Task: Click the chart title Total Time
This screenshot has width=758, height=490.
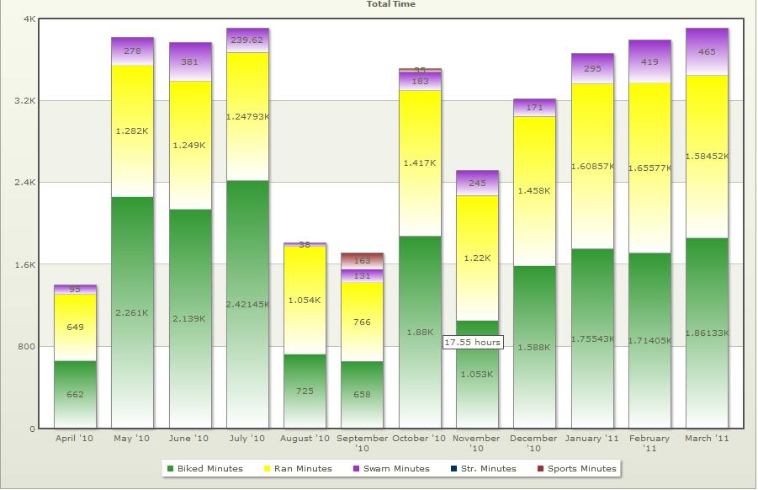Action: tap(390, 4)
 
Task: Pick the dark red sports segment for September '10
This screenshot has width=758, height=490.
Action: tap(363, 261)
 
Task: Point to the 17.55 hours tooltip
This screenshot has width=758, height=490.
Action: tap(473, 343)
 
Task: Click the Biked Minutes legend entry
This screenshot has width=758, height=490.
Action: tap(205, 469)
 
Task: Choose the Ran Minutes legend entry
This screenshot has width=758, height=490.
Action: tap(298, 469)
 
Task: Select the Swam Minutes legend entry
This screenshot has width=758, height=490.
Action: tap(392, 469)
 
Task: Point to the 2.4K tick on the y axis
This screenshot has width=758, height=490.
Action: tap(25, 183)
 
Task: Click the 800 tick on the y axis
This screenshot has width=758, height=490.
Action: tap(27, 347)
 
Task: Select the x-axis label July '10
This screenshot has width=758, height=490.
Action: tap(247, 439)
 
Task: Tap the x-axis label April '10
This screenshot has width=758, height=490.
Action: tap(75, 439)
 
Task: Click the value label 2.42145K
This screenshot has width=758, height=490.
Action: tap(247, 304)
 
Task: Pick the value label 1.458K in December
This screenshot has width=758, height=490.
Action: tap(534, 191)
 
